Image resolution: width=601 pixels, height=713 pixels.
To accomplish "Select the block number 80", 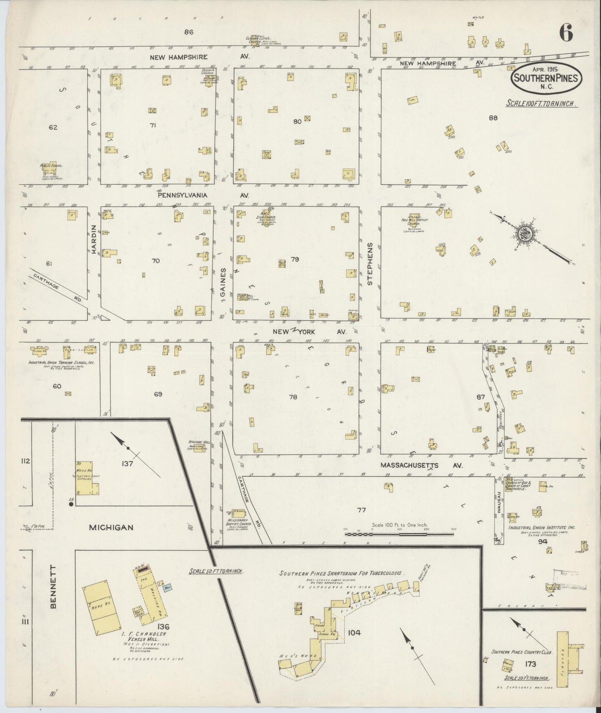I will [297, 122].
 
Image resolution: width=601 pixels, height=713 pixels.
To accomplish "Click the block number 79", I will [295, 259].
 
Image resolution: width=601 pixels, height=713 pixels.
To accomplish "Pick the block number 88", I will [493, 118].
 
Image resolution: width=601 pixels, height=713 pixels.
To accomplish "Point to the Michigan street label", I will [111, 527].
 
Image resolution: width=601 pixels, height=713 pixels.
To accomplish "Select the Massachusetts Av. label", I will [422, 466].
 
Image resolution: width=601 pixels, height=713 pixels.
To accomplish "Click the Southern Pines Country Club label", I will [522, 653].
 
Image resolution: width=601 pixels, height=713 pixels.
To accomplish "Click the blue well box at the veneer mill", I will [168, 588].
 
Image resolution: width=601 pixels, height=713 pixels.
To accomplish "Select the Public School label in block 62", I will [51, 166].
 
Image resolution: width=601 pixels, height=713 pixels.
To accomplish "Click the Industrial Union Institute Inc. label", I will [542, 527].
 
